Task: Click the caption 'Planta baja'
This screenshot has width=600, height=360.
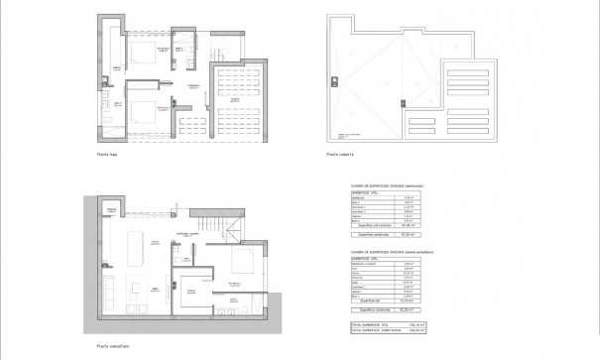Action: point(108,154)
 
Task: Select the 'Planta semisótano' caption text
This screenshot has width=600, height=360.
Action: point(114,346)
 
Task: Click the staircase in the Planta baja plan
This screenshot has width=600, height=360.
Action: point(222,48)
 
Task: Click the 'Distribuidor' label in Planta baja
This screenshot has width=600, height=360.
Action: point(194,86)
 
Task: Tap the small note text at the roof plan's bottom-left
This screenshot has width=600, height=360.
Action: point(352,136)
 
